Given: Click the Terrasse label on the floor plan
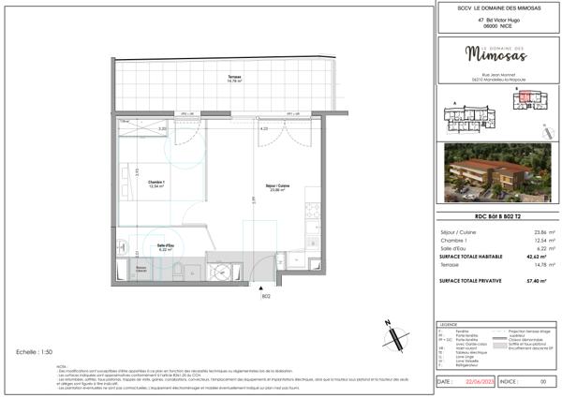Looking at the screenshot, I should [x=222, y=78].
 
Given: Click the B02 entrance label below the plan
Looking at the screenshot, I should [x=266, y=297].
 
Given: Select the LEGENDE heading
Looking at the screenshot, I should [x=449, y=324].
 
